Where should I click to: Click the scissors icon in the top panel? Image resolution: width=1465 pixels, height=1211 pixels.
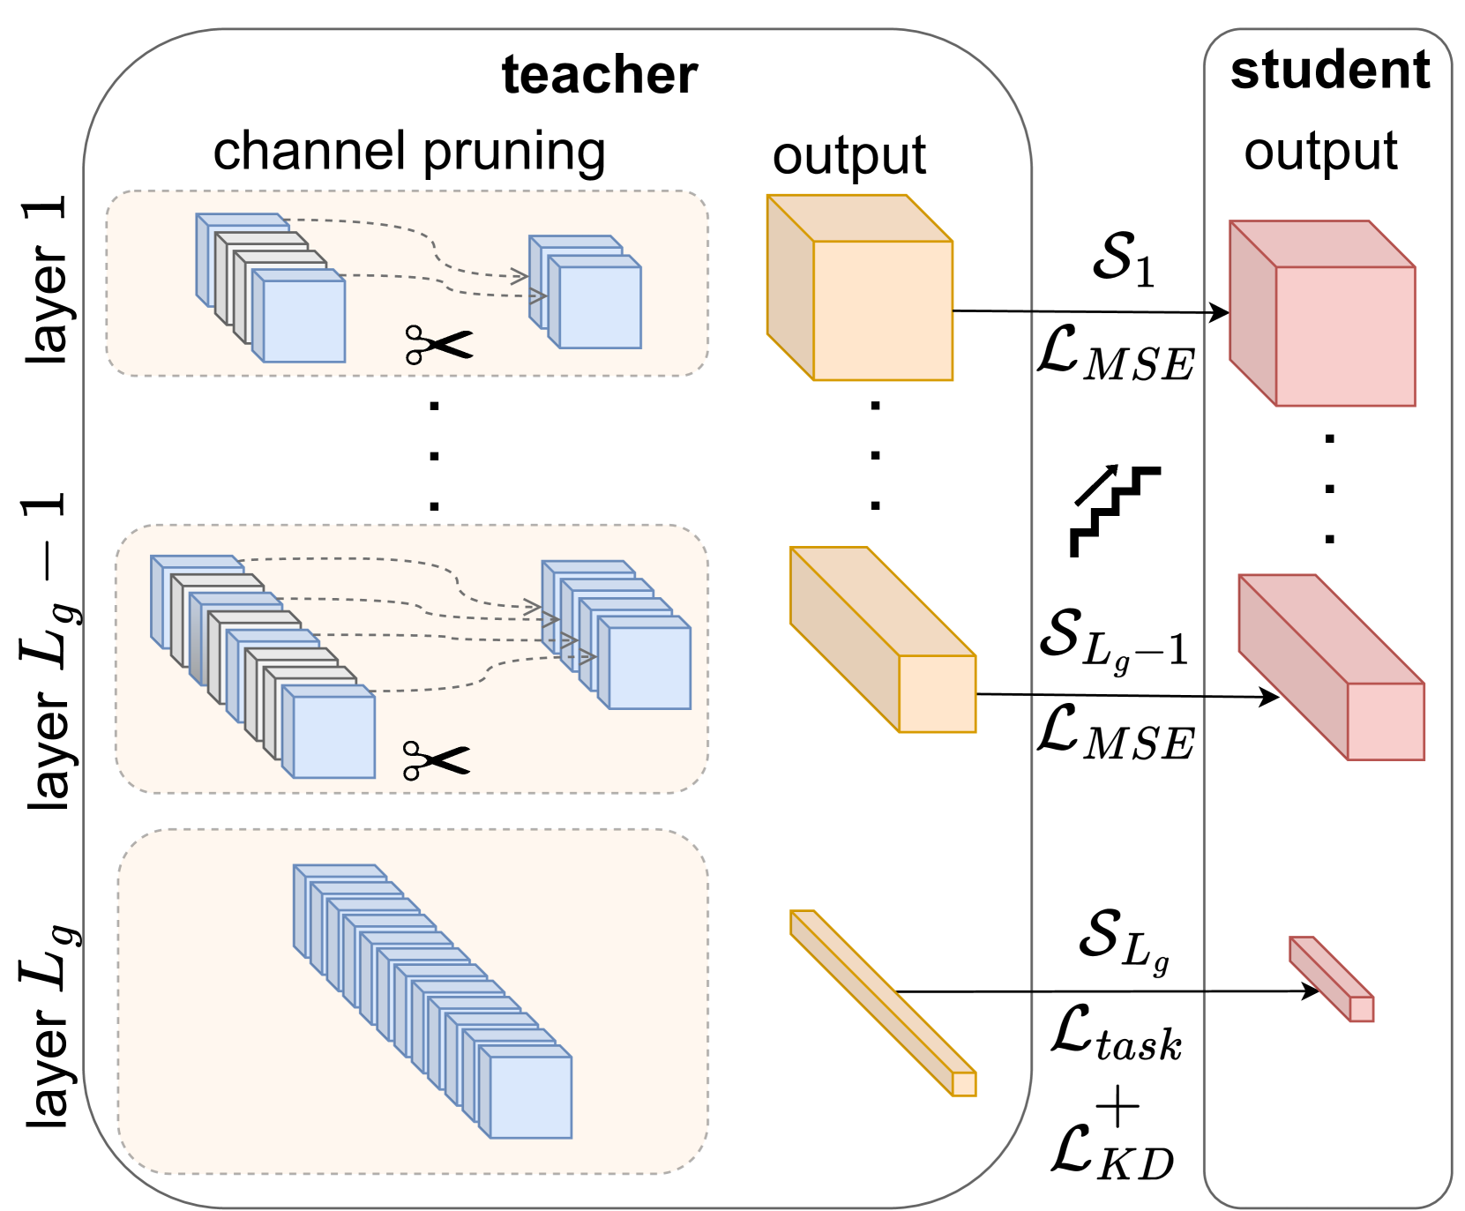point(438,345)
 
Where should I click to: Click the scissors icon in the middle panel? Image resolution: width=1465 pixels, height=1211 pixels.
point(436,760)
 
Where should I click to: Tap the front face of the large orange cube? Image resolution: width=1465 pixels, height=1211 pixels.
point(882,310)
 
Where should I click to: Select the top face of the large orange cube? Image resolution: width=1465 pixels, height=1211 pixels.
point(859,218)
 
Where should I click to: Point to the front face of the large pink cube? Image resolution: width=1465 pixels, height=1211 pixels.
point(1345,336)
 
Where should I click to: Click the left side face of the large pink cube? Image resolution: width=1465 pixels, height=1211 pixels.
point(1252,313)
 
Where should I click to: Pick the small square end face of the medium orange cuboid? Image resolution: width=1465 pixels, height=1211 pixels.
point(937,693)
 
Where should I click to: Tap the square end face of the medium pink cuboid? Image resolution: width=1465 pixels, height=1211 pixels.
point(1386,721)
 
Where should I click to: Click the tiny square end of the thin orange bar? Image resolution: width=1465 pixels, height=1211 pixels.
point(964,1084)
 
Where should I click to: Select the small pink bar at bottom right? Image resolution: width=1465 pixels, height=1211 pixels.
point(1332,980)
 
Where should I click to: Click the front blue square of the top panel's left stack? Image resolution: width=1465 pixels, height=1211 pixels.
point(304,321)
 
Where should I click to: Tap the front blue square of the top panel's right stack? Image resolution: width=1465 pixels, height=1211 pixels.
point(600,307)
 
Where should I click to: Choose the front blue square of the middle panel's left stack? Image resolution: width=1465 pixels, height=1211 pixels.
point(333,736)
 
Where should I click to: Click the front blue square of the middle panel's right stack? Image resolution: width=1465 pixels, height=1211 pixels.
point(649,668)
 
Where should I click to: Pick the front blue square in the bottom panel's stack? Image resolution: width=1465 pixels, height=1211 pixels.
point(530,1097)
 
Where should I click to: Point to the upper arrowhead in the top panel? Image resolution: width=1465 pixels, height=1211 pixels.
point(520,276)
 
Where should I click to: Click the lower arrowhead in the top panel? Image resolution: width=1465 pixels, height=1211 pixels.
point(538,295)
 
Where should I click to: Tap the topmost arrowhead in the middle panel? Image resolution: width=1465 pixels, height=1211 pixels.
point(533,607)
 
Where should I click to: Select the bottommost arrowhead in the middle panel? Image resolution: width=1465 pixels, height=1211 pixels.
point(587,657)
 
